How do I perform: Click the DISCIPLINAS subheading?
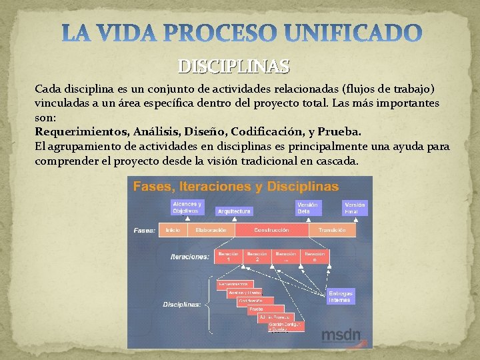(x=233, y=67)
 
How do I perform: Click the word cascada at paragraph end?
(x=336, y=161)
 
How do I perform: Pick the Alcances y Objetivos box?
(x=187, y=207)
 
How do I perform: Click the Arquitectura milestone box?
(x=234, y=211)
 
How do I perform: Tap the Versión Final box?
(x=355, y=207)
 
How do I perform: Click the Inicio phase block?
(x=173, y=230)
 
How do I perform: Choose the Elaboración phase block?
(x=211, y=230)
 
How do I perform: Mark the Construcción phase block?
(x=271, y=230)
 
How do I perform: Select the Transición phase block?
(x=332, y=230)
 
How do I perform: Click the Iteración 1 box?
(x=228, y=256)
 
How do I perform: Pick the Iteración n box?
(x=315, y=256)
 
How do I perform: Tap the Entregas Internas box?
(x=341, y=297)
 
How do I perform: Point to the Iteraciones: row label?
(x=190, y=256)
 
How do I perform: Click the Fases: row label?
(x=145, y=231)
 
